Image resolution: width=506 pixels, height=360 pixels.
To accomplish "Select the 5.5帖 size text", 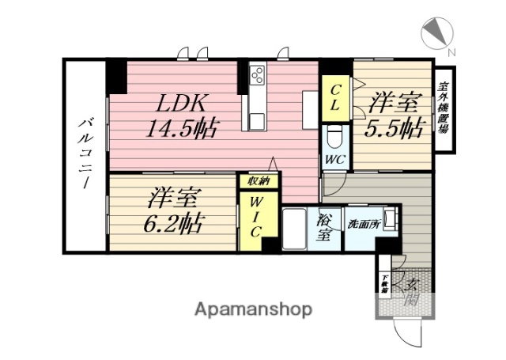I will point(392,127).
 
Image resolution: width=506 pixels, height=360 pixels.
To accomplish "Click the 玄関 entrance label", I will point(412,291).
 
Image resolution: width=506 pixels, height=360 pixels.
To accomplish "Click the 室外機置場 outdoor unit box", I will point(444,110).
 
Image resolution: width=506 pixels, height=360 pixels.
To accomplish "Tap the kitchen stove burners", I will point(257,76).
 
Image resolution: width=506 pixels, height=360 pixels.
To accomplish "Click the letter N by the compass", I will point(451,52).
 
